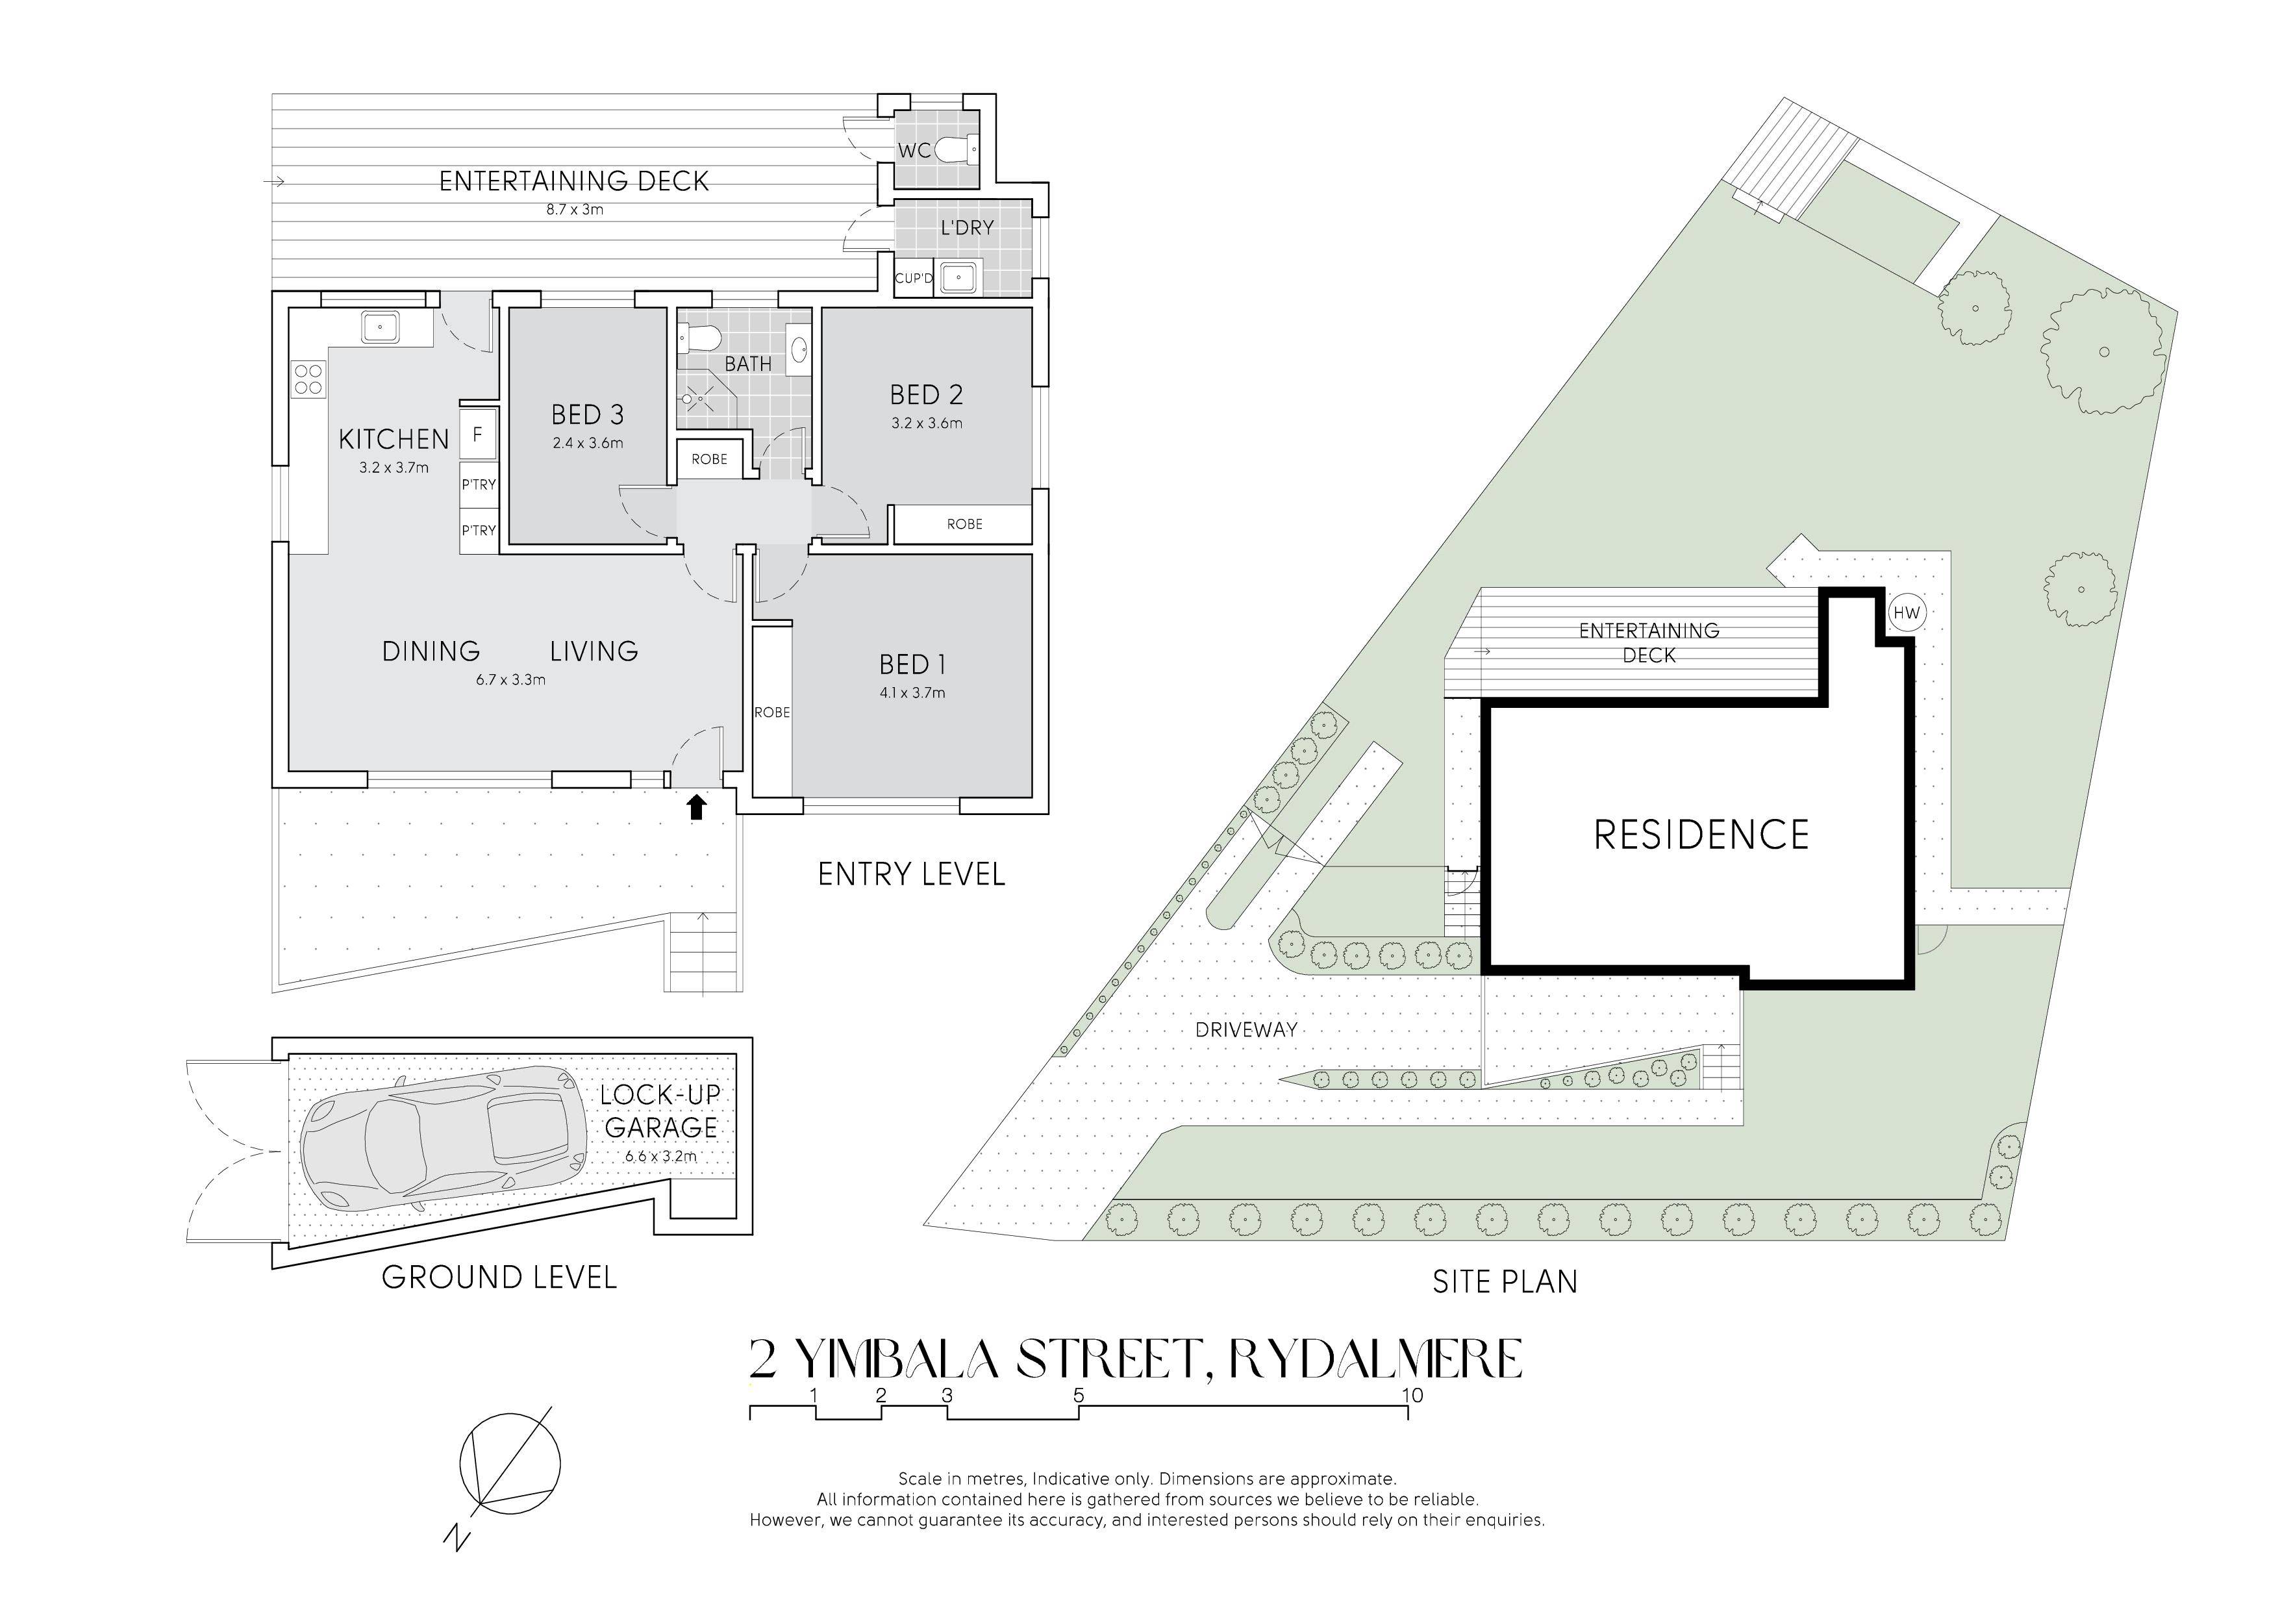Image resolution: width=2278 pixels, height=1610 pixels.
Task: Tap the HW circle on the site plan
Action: tap(1906, 613)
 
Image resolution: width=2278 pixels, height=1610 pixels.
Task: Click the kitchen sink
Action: tap(380, 327)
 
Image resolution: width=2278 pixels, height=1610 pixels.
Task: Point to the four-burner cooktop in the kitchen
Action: tap(308, 380)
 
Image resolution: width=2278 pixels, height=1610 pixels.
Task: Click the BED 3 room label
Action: tap(588, 414)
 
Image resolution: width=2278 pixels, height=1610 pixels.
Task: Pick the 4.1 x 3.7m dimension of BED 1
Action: tap(912, 692)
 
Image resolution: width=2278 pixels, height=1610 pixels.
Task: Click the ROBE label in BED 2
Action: tap(964, 523)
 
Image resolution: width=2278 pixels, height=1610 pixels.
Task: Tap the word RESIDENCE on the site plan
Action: tap(1701, 835)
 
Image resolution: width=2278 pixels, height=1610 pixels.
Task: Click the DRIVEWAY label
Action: tap(1246, 1029)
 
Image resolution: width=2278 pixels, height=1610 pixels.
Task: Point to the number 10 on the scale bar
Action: tap(1412, 1396)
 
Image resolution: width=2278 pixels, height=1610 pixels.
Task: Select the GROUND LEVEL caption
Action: tap(499, 1277)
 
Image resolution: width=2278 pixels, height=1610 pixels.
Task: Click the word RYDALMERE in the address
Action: tap(1376, 1360)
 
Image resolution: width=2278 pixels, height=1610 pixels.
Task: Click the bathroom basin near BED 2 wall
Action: tap(799, 349)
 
